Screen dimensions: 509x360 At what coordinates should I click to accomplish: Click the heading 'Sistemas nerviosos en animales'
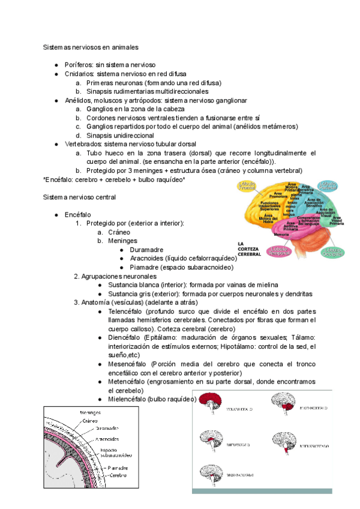tap(91, 46)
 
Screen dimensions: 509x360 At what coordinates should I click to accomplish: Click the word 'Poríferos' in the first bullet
tap(78, 64)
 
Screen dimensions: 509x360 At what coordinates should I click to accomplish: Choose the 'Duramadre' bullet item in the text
tap(148, 250)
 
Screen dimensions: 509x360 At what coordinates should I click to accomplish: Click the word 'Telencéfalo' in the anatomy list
tap(125, 312)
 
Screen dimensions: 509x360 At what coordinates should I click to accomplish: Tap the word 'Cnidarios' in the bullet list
tap(79, 73)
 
